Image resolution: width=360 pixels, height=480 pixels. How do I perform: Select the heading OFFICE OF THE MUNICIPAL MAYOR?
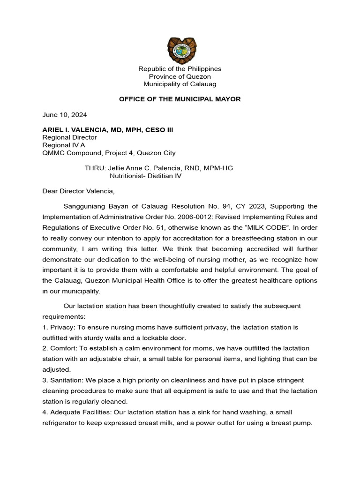tap(180, 99)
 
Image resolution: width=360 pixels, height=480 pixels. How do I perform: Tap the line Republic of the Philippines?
tap(180, 69)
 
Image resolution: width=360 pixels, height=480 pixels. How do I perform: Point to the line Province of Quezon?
tap(180, 76)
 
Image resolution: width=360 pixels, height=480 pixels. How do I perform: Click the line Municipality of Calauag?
tap(180, 84)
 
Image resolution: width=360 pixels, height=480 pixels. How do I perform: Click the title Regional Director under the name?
tap(69, 137)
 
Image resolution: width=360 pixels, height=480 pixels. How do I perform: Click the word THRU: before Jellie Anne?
tap(95, 168)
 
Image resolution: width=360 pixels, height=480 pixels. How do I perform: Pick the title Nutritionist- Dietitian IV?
tap(145, 176)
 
